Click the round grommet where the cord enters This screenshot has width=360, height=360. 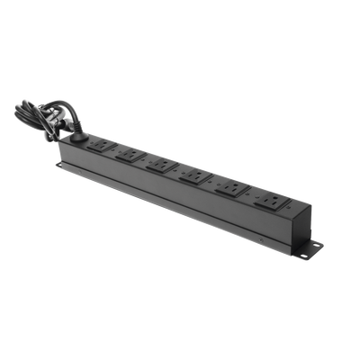tap(79, 139)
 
